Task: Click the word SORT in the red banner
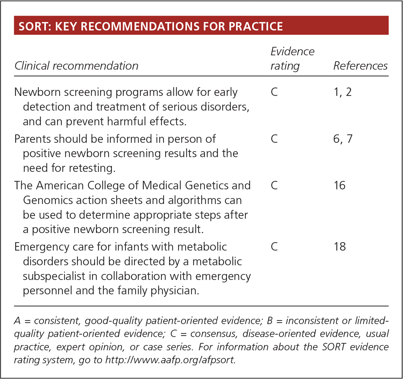pos(31,26)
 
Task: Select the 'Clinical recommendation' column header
pos(76,66)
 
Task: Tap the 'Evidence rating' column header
pos(292,58)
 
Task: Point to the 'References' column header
pos(360,66)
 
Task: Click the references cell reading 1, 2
pos(342,92)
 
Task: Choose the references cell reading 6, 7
pos(343,139)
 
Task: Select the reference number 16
pos(339,185)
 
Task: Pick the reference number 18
pos(339,246)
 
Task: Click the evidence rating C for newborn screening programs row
pos(274,92)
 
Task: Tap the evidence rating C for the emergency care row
pos(274,246)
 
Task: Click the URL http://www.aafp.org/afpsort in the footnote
pos(170,360)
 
